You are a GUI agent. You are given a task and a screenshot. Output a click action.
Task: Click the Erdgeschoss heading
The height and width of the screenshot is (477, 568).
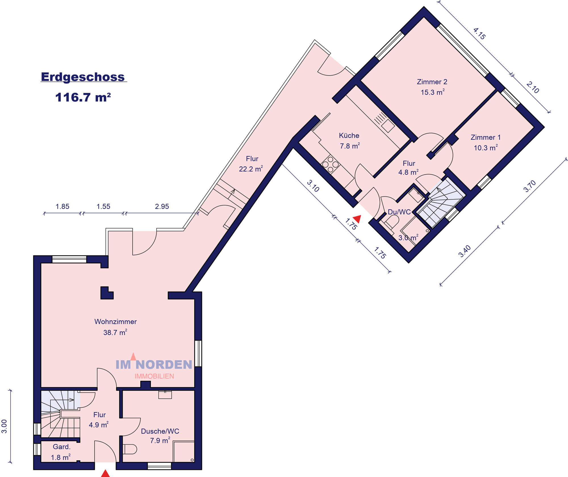[x=83, y=77]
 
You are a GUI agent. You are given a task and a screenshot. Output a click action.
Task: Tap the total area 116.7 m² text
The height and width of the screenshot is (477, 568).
[x=83, y=97]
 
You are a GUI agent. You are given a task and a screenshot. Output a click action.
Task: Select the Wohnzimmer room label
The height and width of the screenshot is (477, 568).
[x=116, y=322]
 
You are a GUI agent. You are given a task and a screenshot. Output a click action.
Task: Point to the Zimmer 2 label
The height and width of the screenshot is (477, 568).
[x=432, y=82]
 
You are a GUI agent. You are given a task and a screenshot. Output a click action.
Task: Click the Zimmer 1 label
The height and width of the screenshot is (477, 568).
[x=486, y=137]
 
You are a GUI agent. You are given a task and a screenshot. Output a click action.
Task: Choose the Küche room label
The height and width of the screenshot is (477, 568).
[x=349, y=136]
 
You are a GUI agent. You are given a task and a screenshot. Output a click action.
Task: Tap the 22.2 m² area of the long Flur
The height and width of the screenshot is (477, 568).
[x=251, y=169]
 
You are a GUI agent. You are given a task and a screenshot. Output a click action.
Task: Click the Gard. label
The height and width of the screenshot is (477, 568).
[x=62, y=447]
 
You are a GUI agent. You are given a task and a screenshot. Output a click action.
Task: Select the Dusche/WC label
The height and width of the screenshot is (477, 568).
[x=160, y=431]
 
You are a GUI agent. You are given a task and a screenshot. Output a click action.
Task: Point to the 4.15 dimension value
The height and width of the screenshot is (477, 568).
[x=479, y=34]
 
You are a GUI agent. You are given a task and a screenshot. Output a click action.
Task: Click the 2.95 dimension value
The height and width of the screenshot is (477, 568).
[x=162, y=207]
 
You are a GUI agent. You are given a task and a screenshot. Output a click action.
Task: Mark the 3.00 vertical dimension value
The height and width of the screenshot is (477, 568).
[x=4, y=426]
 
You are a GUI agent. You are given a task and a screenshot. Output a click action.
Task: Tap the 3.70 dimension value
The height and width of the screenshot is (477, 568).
[x=530, y=186]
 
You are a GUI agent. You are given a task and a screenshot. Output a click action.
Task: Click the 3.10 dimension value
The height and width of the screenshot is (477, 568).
[x=313, y=186]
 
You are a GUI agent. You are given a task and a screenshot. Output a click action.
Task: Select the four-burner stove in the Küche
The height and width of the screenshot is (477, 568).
[x=330, y=164]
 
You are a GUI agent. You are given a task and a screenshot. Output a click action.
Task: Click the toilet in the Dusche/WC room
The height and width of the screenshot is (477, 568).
[x=130, y=449]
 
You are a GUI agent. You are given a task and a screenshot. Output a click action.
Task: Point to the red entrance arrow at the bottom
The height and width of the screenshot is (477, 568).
[x=106, y=473]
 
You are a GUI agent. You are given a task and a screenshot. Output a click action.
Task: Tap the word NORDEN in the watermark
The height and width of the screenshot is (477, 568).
[x=164, y=365]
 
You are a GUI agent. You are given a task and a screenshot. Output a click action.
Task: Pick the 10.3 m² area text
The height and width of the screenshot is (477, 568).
[x=486, y=148]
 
